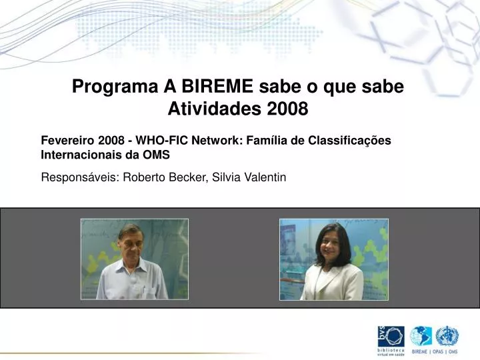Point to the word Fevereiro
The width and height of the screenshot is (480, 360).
pos(69,141)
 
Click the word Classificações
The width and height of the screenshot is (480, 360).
pos(352,141)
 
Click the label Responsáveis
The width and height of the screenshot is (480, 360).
pos(79,177)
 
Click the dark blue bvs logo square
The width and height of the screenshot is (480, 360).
pos(393,337)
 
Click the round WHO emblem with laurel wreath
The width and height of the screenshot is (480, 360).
pos(447,335)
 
